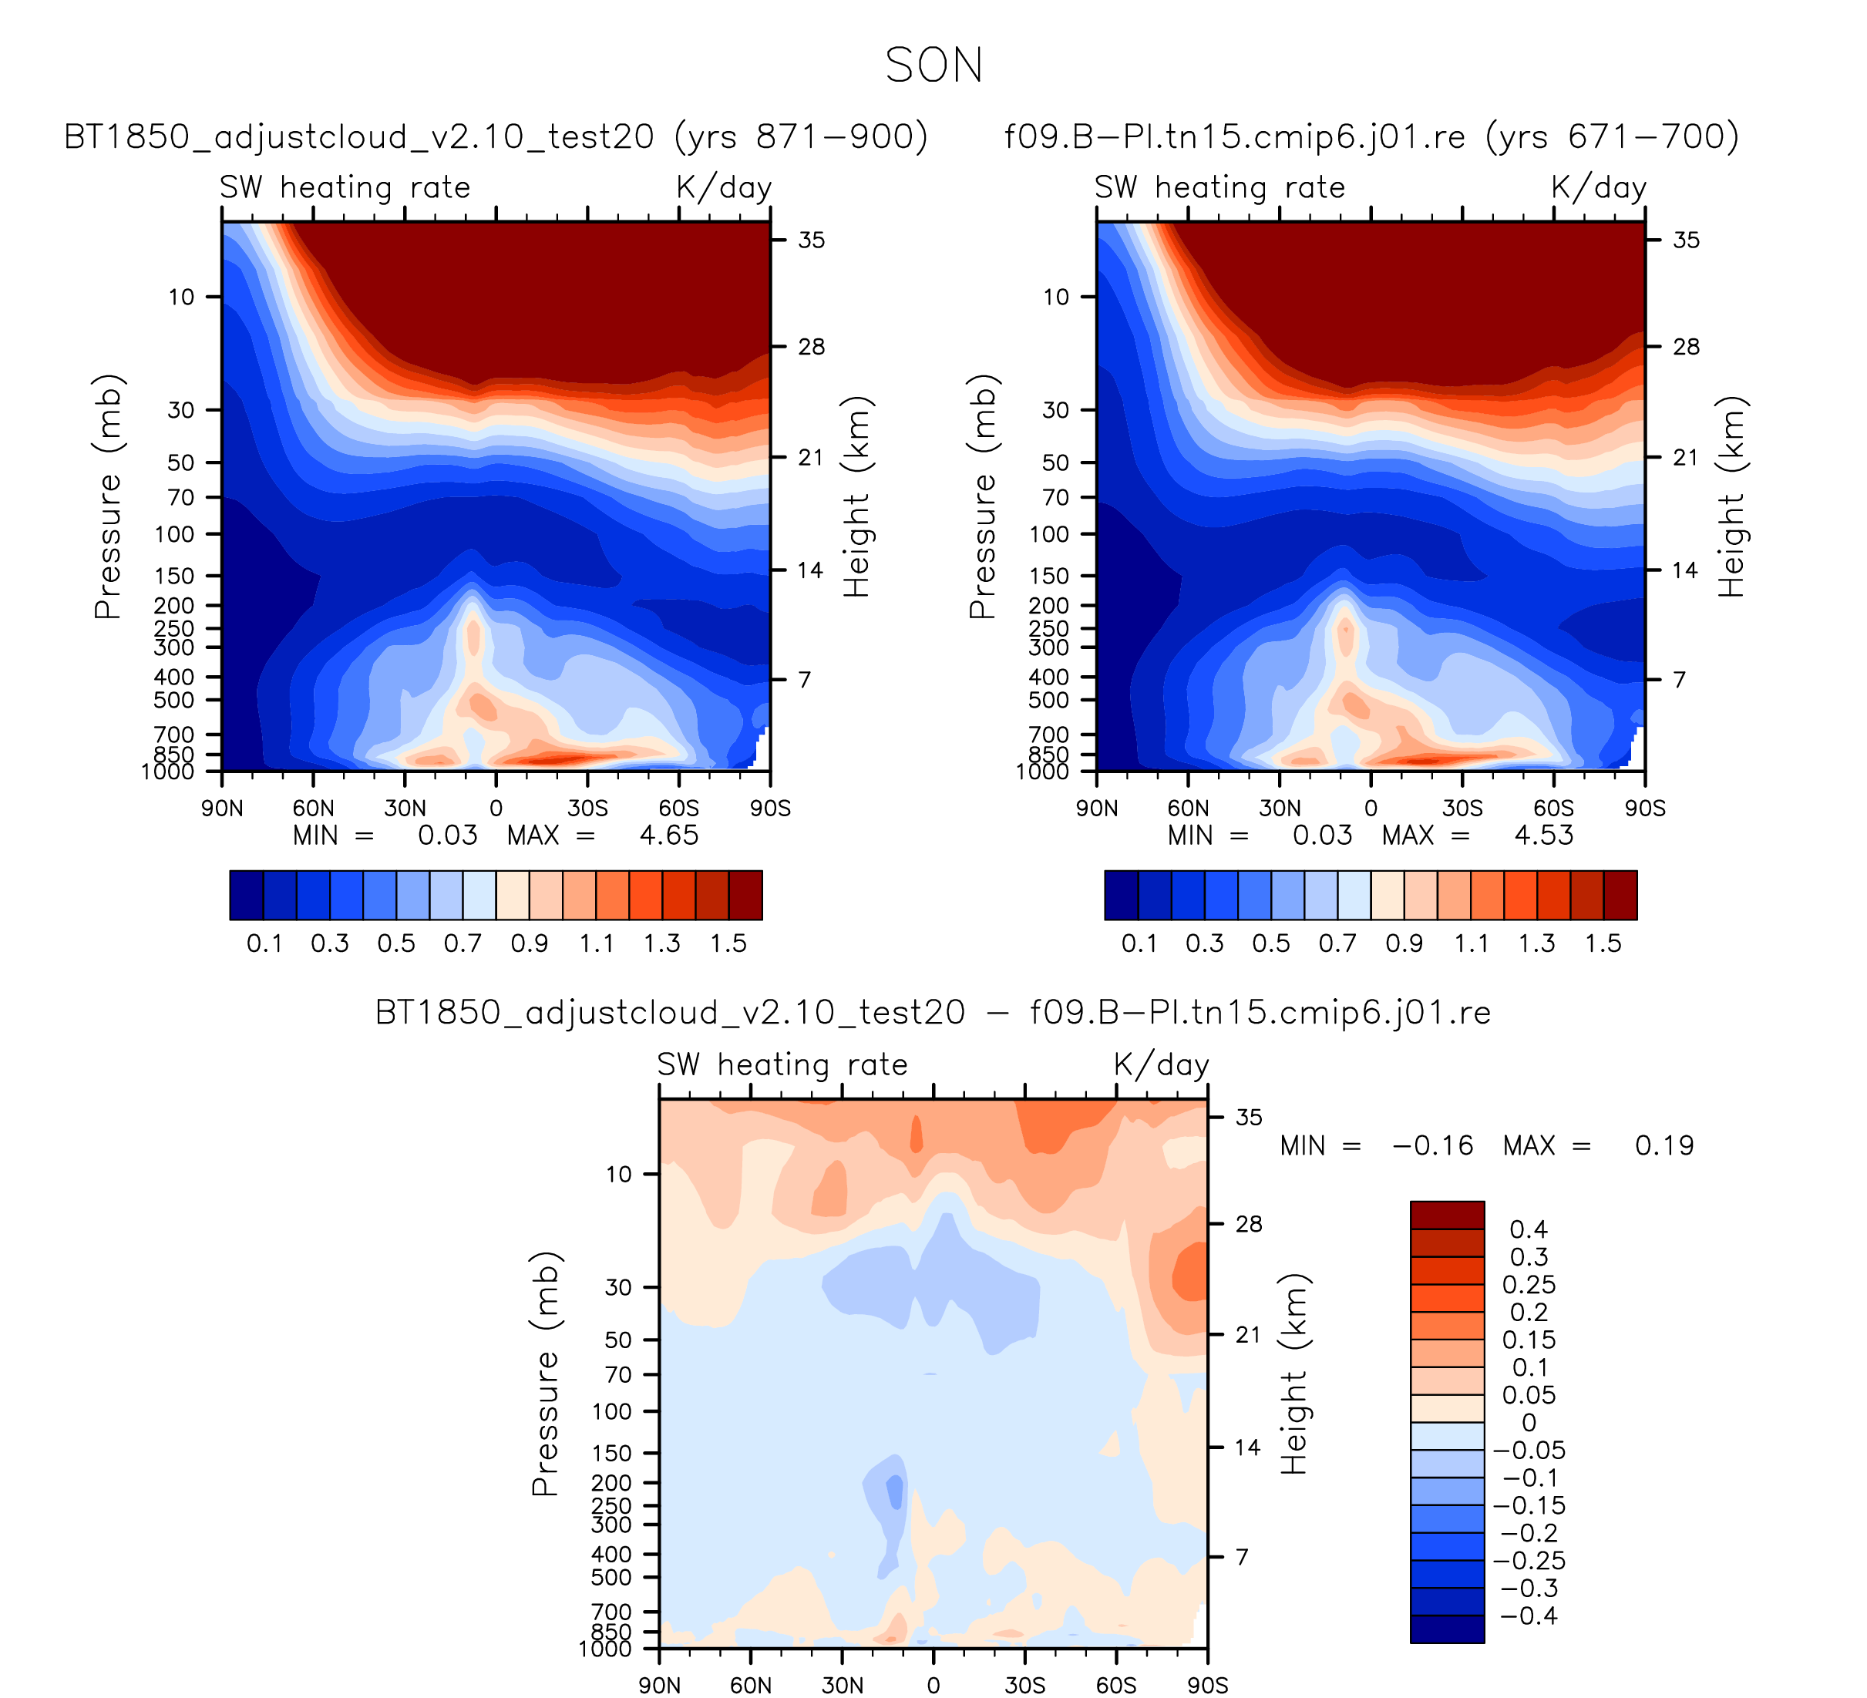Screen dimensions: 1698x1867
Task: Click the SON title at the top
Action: point(933,66)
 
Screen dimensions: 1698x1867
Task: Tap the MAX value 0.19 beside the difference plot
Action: point(1663,1146)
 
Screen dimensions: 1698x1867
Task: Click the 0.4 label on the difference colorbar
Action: point(1528,1229)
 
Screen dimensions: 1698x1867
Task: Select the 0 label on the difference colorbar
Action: point(1528,1423)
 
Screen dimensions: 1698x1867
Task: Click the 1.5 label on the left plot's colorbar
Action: point(728,943)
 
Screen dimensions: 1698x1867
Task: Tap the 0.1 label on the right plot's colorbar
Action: point(1139,943)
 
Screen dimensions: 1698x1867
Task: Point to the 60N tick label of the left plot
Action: point(313,809)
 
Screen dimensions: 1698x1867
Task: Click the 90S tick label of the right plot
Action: point(1645,809)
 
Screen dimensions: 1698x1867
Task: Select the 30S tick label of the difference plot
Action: point(1024,1685)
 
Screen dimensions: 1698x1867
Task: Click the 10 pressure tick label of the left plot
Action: point(181,298)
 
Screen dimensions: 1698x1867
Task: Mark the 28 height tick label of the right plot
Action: point(1687,347)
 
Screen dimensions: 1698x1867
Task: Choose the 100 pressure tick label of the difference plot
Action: point(611,1412)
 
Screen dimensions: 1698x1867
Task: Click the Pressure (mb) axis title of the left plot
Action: point(109,496)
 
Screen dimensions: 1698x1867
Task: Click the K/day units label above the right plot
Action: point(1599,188)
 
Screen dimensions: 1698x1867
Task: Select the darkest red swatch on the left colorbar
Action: point(745,896)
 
